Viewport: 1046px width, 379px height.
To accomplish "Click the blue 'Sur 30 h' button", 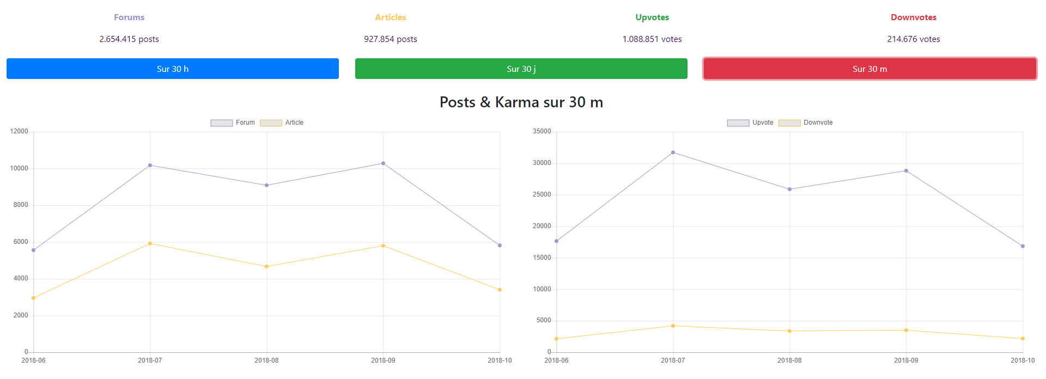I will [x=173, y=69].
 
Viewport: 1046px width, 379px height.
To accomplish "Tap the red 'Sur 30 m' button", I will [x=869, y=69].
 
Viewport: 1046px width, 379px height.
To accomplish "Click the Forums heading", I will [x=129, y=17].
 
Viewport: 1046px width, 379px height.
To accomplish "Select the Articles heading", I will [x=390, y=17].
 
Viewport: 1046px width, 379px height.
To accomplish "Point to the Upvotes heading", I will [x=652, y=17].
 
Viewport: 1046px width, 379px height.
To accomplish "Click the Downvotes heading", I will [x=913, y=17].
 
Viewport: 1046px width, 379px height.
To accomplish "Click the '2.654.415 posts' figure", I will [x=129, y=39].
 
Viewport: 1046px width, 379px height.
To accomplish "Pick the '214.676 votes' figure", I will [x=913, y=39].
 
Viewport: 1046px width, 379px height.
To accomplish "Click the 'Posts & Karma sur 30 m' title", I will [x=521, y=102].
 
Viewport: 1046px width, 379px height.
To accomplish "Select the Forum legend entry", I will [x=233, y=123].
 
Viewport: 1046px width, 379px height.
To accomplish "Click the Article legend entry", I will [x=282, y=123].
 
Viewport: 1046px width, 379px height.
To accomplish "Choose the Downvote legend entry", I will [x=806, y=123].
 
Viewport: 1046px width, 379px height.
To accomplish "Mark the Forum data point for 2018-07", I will [x=150, y=166].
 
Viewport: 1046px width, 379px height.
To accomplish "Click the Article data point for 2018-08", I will [x=266, y=266].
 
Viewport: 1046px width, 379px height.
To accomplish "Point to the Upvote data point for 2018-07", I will [x=673, y=152].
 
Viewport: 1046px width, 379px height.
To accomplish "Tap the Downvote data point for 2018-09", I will [x=906, y=330].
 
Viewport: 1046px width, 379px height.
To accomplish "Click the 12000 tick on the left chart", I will [x=19, y=131].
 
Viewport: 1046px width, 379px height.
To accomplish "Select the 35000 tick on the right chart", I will [x=542, y=131].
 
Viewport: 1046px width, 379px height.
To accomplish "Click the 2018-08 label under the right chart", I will [x=789, y=360].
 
